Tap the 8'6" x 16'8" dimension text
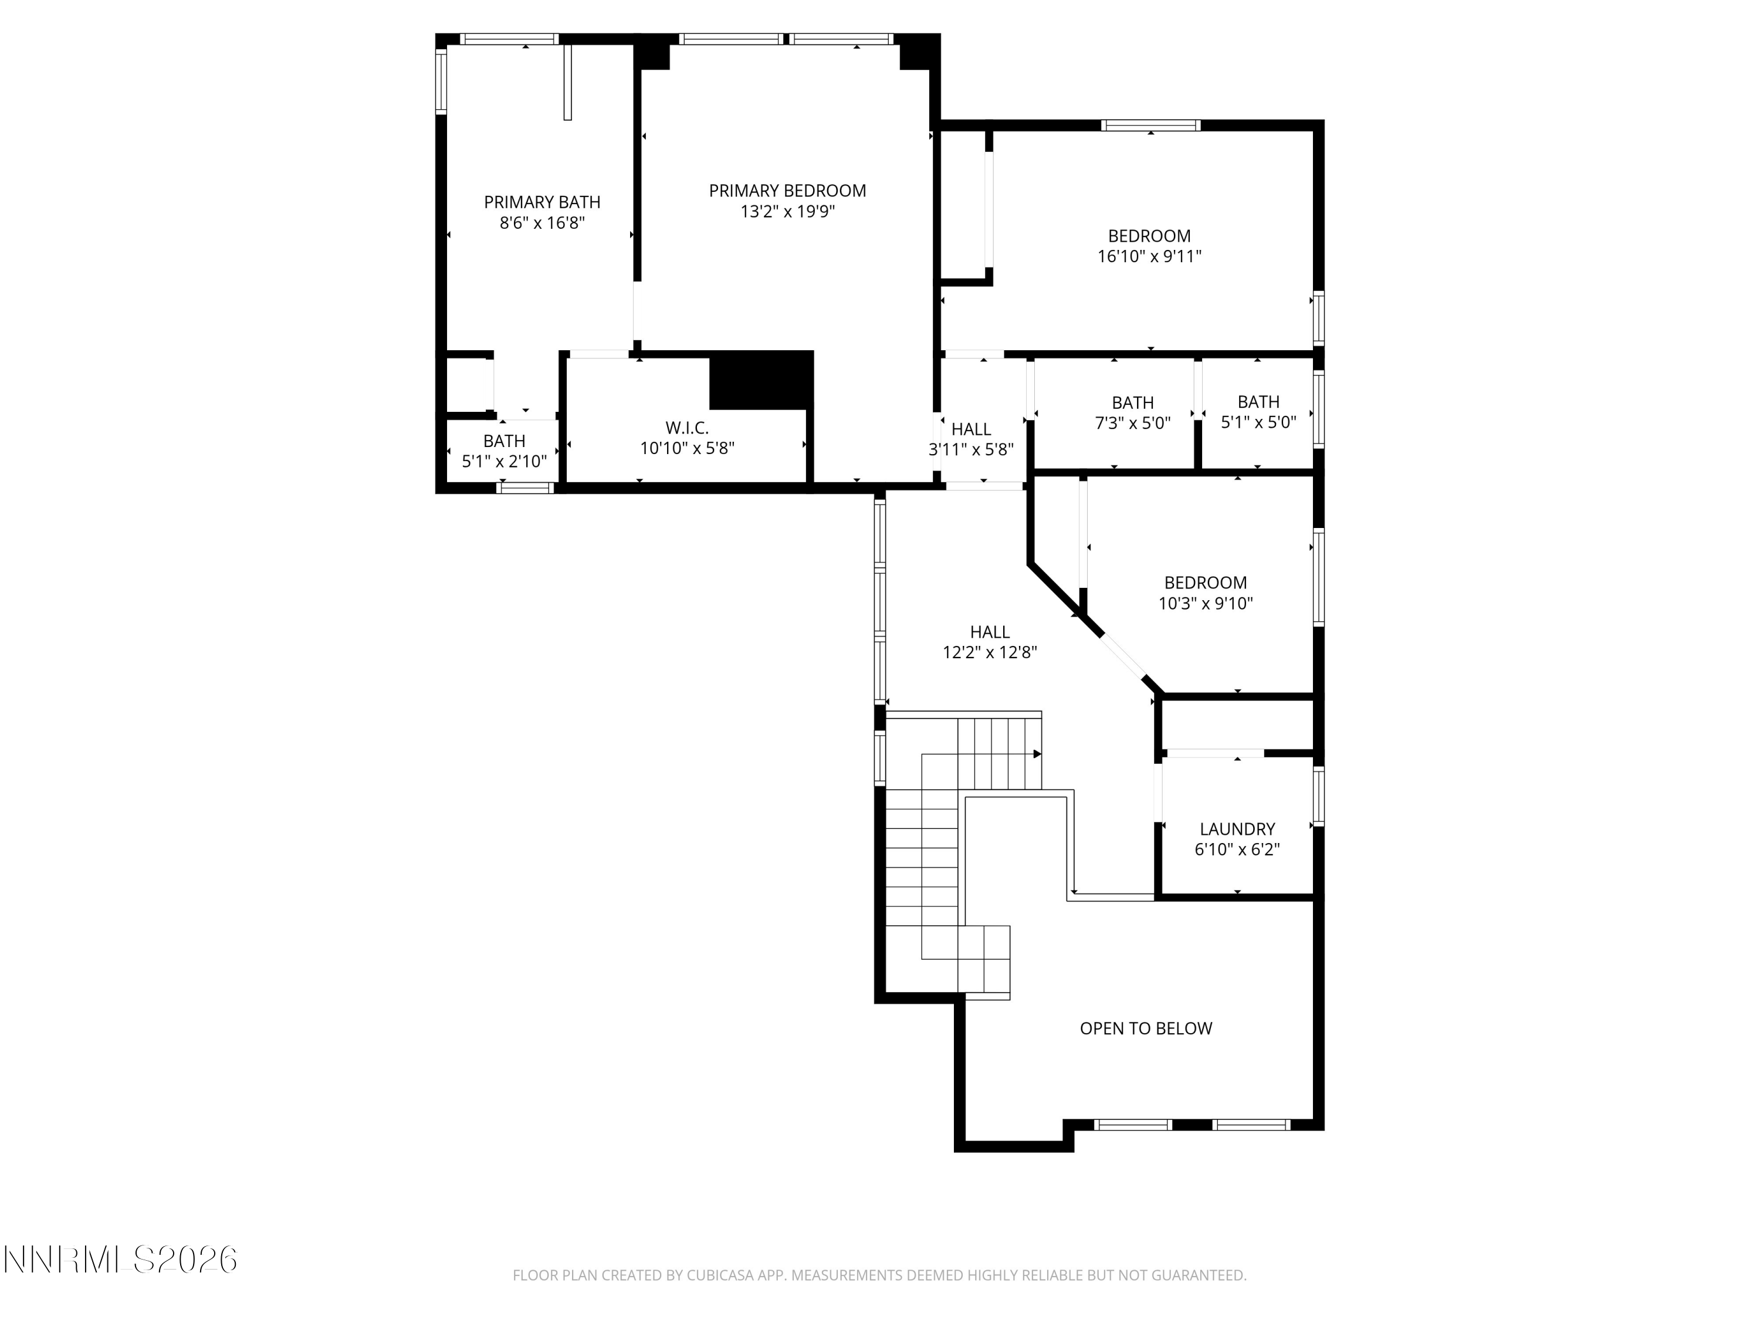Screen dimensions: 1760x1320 pos(542,223)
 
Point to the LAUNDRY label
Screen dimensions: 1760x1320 pos(1237,829)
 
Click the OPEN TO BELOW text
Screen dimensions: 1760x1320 pos(1146,1028)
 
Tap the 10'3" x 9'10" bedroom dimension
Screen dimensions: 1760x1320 pos(1206,603)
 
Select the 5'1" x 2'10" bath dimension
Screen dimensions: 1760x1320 pos(505,462)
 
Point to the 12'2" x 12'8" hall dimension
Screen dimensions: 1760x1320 pos(990,652)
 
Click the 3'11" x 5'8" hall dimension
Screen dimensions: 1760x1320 pos(971,449)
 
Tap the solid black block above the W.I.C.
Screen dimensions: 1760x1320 pos(761,380)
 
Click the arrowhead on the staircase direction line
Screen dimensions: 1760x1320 pos(1038,753)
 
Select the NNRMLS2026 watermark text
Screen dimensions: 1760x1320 pos(120,1260)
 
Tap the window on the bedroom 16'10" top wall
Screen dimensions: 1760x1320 pos(1150,125)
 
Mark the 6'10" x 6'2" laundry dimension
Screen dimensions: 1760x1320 pos(1237,849)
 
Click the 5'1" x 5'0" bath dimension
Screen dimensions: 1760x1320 pos(1259,422)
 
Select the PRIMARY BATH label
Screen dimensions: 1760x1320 pos(542,202)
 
